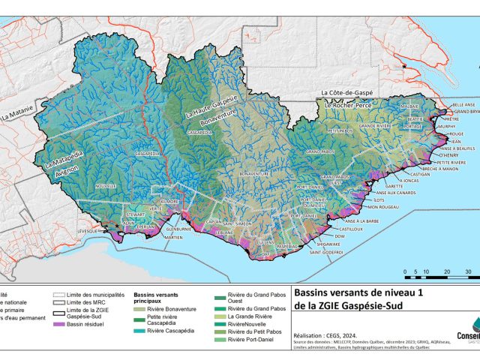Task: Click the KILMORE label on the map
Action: (x=169, y=202)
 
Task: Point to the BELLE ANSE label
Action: (x=463, y=104)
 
